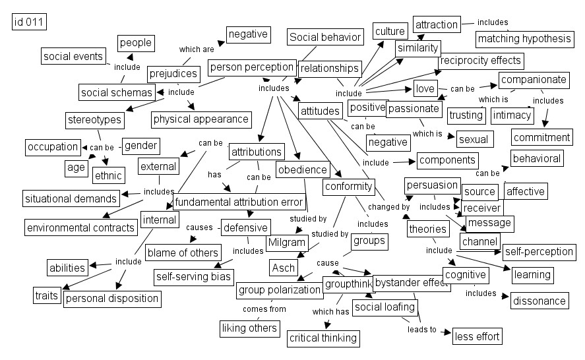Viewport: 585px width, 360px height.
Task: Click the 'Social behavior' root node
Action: (x=325, y=37)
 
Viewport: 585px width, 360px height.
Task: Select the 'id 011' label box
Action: (x=29, y=22)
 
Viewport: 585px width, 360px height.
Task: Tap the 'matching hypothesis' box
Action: (x=524, y=39)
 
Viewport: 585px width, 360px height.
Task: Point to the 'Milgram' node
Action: (x=287, y=243)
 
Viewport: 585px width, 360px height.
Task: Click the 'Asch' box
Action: (x=283, y=268)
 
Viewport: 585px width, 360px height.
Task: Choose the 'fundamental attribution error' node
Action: (x=239, y=202)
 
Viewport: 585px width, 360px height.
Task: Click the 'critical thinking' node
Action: (x=323, y=338)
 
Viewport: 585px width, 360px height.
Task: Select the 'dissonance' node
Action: (x=539, y=301)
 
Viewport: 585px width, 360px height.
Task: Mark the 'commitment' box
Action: (x=541, y=138)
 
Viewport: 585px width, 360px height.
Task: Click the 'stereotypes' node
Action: (x=95, y=120)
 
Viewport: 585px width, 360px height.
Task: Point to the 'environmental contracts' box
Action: (x=80, y=228)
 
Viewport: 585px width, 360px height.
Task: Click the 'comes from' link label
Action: (x=264, y=309)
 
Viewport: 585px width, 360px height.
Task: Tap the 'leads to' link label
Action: (x=421, y=329)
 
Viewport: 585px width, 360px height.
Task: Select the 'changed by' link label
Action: (x=384, y=207)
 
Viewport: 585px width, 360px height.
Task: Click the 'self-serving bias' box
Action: (x=194, y=276)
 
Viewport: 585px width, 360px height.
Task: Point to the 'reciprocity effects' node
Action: (x=480, y=61)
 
